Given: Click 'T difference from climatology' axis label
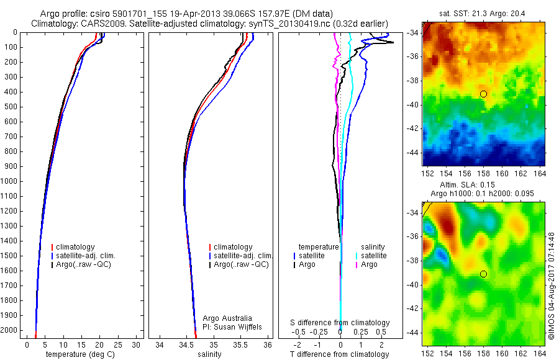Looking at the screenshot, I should (x=340, y=354).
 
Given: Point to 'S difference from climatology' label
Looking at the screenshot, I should (x=340, y=323).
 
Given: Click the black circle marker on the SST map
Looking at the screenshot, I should (x=483, y=94).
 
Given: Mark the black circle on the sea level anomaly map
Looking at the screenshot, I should (x=483, y=274).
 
